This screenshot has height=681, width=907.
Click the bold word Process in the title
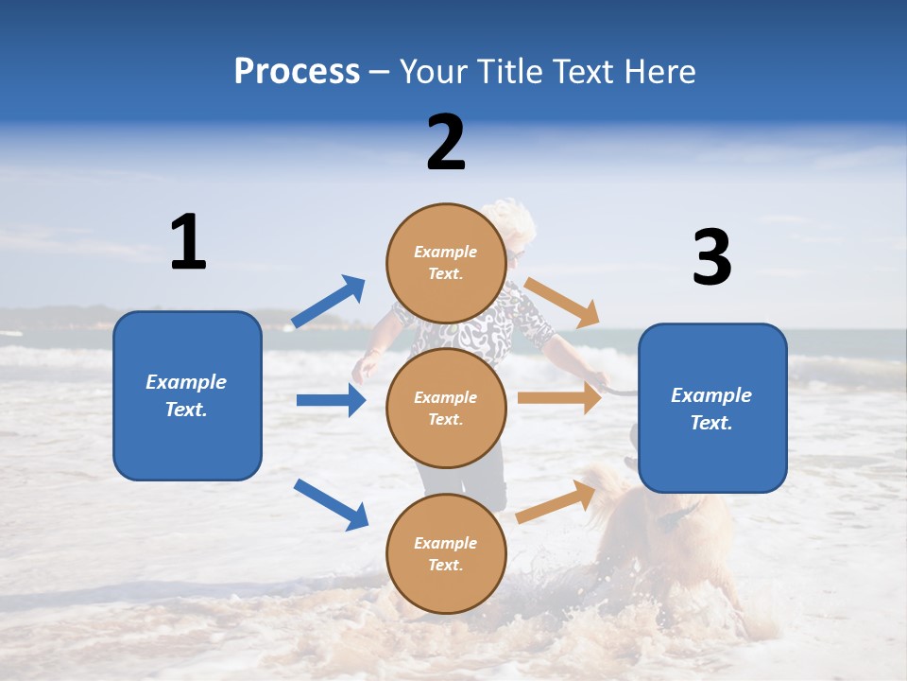pos(297,71)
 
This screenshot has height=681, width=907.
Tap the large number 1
pos(188,242)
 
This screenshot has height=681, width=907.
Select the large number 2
pos(446,142)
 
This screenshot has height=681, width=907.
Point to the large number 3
pos(711,258)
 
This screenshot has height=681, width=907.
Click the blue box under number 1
pos(187,395)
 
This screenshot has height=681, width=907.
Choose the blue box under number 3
pos(712,409)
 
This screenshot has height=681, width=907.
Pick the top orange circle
pos(446,263)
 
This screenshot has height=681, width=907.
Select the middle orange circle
pos(446,408)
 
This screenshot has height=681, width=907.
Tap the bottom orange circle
pos(446,553)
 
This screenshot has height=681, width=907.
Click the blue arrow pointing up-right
pos(328,302)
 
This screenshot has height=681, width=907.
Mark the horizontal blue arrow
pos(331,400)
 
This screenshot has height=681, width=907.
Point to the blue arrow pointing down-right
pos(331,504)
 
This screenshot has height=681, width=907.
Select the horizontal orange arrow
pos(559,397)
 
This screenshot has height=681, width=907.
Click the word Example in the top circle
pos(446,252)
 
